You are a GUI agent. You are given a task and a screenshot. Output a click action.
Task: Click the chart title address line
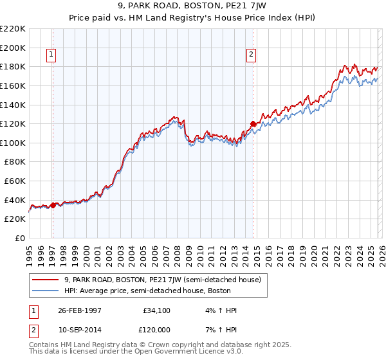(192, 5)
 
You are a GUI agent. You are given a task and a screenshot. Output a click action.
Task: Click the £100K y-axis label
(14, 143)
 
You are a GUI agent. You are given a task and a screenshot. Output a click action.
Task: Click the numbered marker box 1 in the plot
(51, 55)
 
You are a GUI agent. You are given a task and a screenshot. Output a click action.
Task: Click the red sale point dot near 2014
(253, 123)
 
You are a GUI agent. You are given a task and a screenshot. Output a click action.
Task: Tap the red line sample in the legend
(46, 280)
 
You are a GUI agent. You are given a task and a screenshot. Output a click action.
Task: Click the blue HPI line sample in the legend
(46, 290)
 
